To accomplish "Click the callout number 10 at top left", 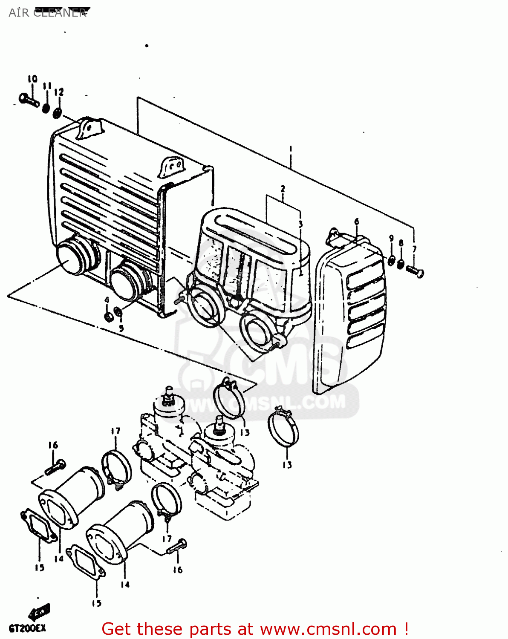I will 32,79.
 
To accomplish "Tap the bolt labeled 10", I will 29,100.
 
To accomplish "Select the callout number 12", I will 59,92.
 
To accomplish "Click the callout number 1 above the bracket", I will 291,149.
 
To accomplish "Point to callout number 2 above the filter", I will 283,188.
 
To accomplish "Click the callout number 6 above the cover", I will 356,222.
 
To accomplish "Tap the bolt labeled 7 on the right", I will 415,271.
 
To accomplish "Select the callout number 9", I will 391,239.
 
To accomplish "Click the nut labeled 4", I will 109,316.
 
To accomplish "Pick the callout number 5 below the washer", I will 121,328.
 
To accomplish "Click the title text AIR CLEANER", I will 47,13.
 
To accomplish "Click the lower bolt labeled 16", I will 177,546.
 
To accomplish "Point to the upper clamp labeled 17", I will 116,467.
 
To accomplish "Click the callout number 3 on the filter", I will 300,224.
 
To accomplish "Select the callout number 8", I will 401,243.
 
